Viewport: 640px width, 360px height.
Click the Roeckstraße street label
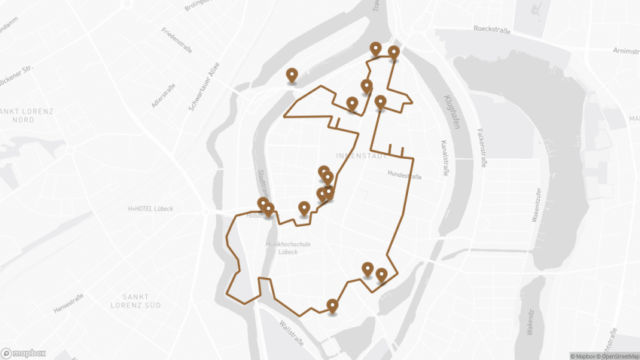click(x=492, y=29)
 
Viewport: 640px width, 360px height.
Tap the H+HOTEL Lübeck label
click(x=151, y=209)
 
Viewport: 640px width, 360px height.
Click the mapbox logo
click(x=23, y=352)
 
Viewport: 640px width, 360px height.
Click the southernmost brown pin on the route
click(x=332, y=305)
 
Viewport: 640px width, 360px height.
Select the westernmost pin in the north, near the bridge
click(x=292, y=75)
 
